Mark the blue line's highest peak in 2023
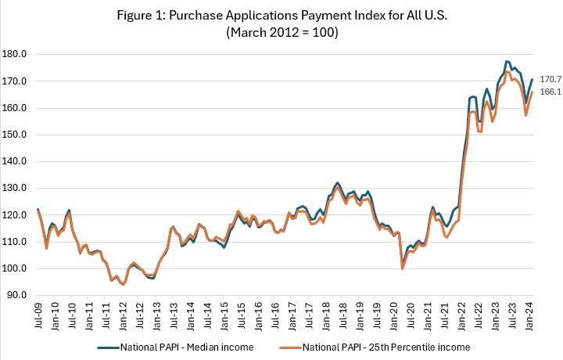[507, 61]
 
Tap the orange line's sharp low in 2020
[403, 268]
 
